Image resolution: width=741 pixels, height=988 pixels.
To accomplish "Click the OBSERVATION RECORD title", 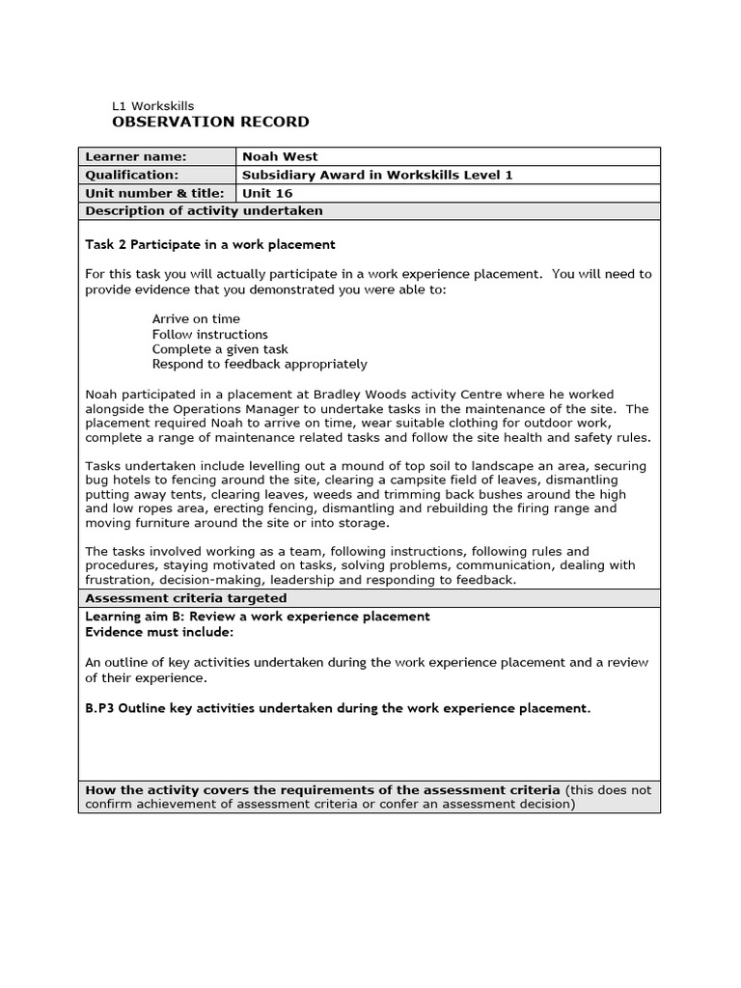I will [211, 122].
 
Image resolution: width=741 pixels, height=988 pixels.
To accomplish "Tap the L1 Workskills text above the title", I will [153, 106].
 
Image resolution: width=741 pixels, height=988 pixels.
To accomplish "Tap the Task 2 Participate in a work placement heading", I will [210, 244].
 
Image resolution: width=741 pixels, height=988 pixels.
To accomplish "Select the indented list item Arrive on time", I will [196, 318].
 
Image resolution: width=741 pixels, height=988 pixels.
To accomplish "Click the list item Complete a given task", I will [220, 349].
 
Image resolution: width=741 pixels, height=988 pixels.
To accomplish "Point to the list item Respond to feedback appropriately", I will [260, 364].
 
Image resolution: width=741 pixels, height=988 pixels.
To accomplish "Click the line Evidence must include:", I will [159, 632].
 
